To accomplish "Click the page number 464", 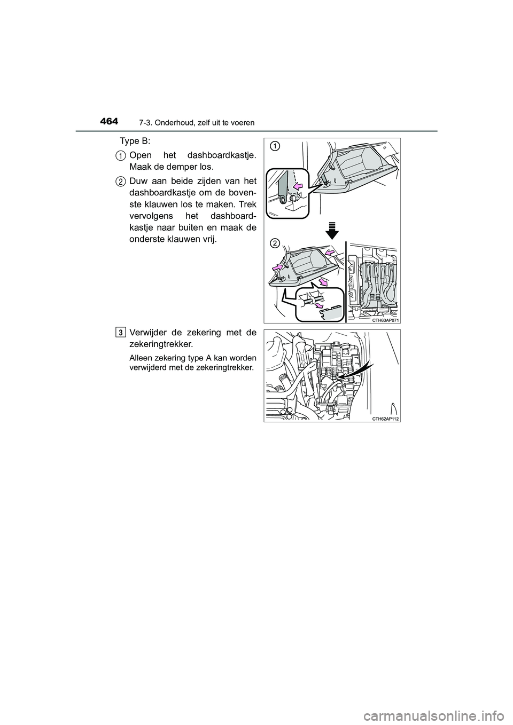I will tap(108, 121).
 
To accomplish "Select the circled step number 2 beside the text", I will tap(121, 182).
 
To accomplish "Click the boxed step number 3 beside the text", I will tap(121, 333).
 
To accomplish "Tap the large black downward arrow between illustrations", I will tap(332, 230).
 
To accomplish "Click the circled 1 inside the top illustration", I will tap(274, 146).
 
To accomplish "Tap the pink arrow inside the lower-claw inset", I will tap(320, 305).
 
